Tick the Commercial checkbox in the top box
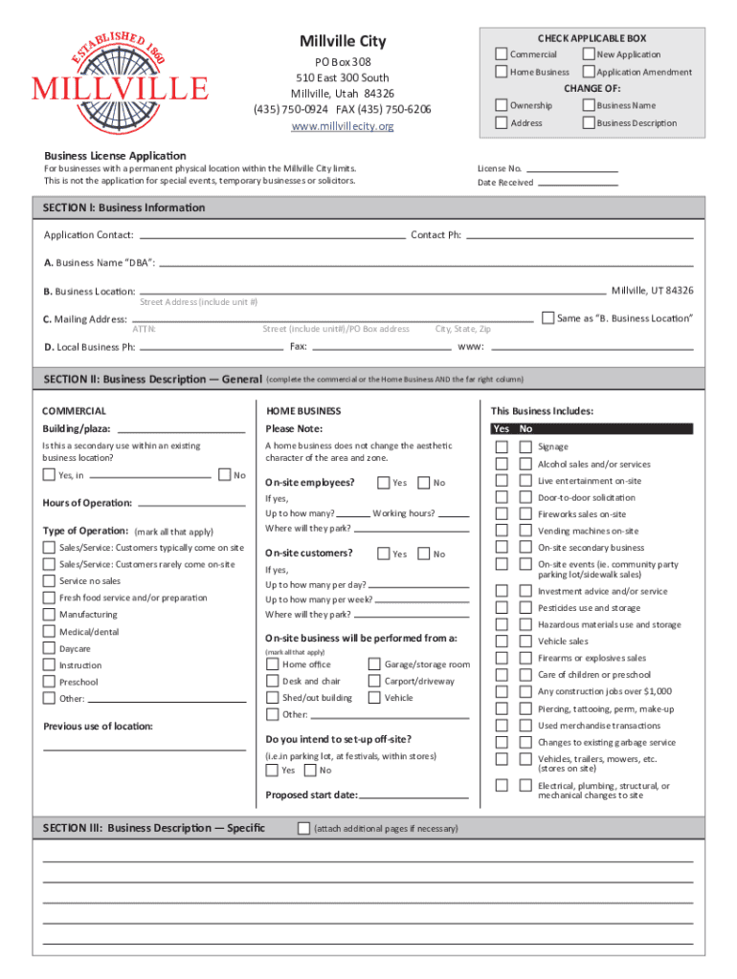point(502,54)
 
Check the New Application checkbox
point(589,54)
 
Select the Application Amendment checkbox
point(589,72)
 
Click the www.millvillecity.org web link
point(342,126)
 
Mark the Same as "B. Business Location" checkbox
point(547,316)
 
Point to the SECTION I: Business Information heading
point(124,207)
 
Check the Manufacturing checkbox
point(49,615)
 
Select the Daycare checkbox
point(49,648)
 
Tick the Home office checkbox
point(273,664)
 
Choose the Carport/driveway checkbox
point(374,681)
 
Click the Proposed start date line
point(413,794)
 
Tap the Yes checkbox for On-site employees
point(383,483)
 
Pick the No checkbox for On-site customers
point(424,554)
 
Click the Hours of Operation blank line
point(190,503)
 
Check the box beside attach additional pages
point(303,828)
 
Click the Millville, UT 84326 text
point(652,291)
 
